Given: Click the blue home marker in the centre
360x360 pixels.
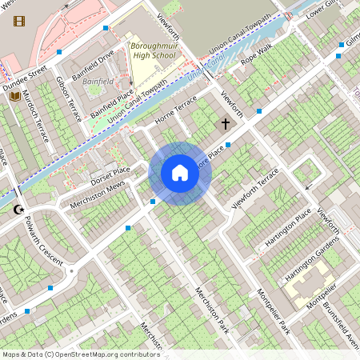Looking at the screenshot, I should click(x=180, y=173).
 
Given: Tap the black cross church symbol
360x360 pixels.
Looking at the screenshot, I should click(x=226, y=124).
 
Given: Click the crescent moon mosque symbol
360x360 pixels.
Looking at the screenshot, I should click(x=18, y=210).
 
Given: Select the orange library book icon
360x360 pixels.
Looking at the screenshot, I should click(x=14, y=97).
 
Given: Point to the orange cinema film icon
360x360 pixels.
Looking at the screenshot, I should click(x=19, y=21).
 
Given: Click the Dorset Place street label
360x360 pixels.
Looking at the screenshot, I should click(x=110, y=173).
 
